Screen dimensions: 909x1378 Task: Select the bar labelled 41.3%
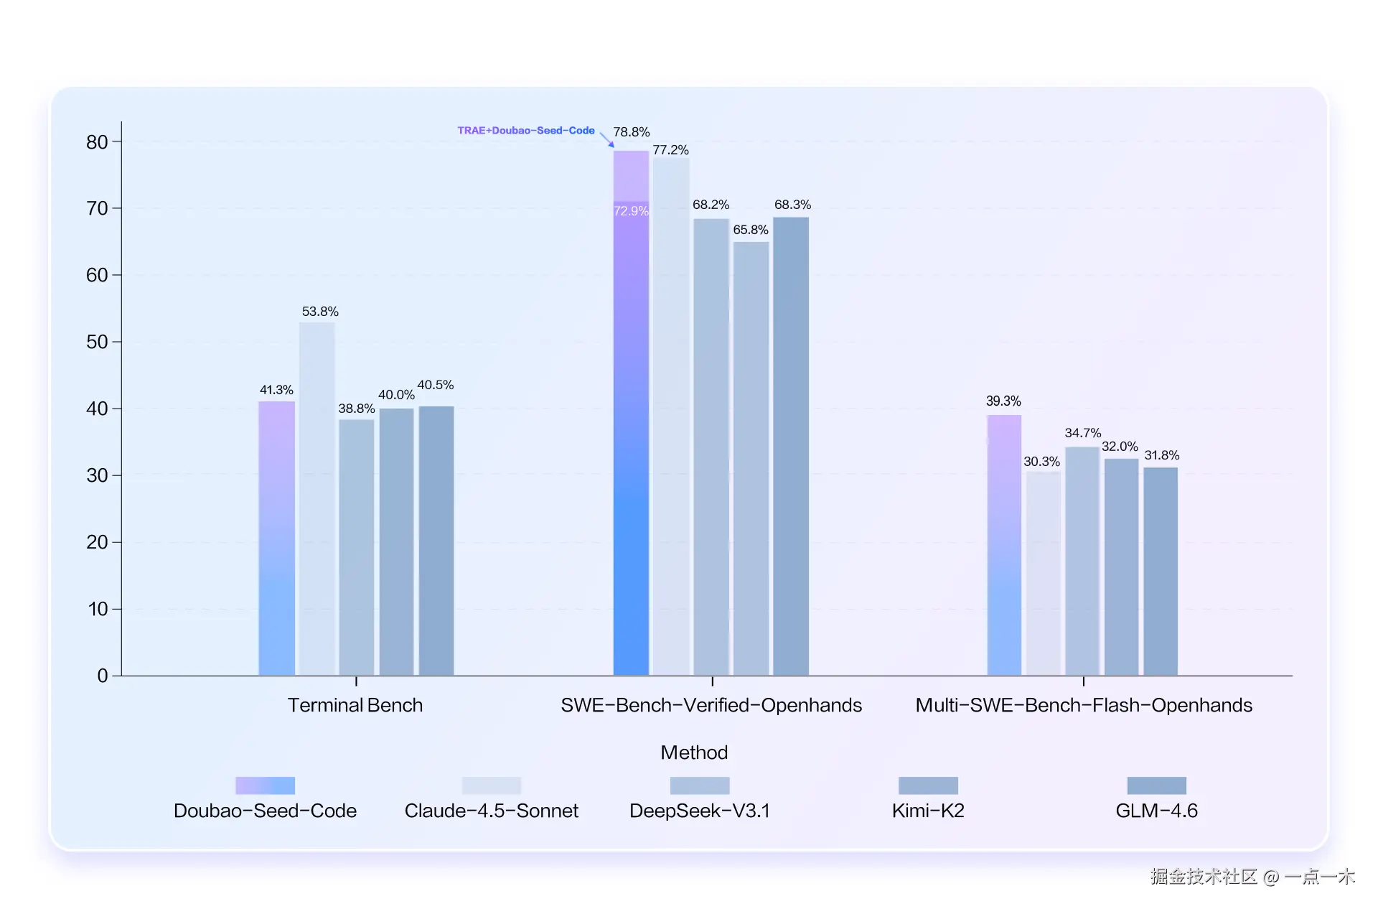276,538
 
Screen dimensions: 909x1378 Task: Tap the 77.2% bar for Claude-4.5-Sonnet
671,416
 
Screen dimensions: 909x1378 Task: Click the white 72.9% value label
631,211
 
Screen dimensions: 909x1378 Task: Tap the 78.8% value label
631,132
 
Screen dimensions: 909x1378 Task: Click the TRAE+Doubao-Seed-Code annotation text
526,131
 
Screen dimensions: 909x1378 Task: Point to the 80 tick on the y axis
97,142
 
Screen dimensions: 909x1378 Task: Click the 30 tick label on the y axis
97,475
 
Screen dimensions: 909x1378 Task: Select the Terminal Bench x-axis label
355,705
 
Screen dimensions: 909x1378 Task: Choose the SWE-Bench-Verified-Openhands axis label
711,705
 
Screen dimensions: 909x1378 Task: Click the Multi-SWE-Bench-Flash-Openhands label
1084,705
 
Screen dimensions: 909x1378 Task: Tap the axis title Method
694,752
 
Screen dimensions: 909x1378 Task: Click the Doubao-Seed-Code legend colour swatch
265,786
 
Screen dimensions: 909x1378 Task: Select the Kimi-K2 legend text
928,811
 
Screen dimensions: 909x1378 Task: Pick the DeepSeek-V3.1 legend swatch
700,786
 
